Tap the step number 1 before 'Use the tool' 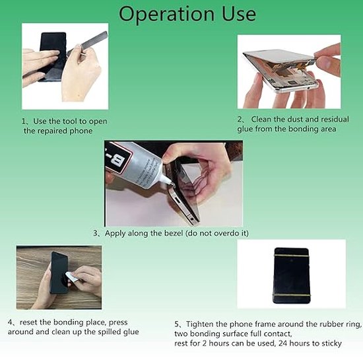point(24,121)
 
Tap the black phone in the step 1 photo point(51,55)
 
